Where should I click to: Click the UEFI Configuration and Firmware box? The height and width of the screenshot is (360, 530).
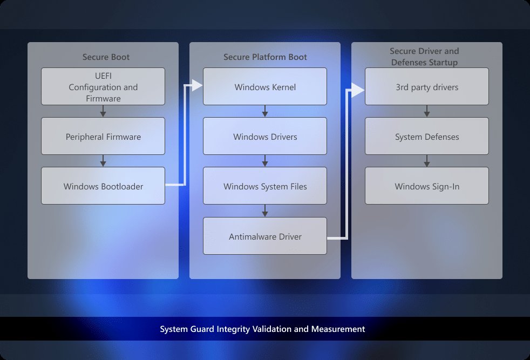pyautogui.click(x=103, y=86)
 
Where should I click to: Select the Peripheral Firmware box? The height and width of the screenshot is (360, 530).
pyautogui.click(x=103, y=137)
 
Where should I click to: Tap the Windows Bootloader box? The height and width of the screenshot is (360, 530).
pyautogui.click(x=103, y=186)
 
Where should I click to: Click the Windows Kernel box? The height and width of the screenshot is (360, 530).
pyautogui.click(x=265, y=86)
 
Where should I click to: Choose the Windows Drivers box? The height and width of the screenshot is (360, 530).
pyautogui.click(x=265, y=137)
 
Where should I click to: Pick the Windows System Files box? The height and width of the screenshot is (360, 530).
pyautogui.click(x=265, y=186)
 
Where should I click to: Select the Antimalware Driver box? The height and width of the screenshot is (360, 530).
pyautogui.click(x=265, y=236)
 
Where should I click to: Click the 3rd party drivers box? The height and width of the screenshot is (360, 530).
pyautogui.click(x=427, y=86)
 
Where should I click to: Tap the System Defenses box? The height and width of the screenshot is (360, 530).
pyautogui.click(x=427, y=137)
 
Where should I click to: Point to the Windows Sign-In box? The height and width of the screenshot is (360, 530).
pyautogui.click(x=427, y=186)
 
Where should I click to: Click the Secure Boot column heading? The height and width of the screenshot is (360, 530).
pyautogui.click(x=106, y=57)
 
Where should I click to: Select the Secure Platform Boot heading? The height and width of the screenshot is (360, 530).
pyautogui.click(x=265, y=57)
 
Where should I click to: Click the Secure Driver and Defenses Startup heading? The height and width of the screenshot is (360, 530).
pyautogui.click(x=424, y=57)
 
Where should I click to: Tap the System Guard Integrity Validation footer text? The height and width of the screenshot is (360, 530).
pyautogui.click(x=262, y=329)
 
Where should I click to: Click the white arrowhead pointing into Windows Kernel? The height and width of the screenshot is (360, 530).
pyautogui.click(x=197, y=85)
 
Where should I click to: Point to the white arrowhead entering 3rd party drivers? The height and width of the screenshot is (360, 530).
pyautogui.click(x=359, y=90)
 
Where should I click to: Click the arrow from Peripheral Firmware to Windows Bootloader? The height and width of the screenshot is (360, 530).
pyautogui.click(x=103, y=161)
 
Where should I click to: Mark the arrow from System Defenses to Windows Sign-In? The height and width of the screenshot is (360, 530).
pyautogui.click(x=427, y=161)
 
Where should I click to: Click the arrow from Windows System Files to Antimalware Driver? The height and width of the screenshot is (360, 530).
pyautogui.click(x=265, y=210)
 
